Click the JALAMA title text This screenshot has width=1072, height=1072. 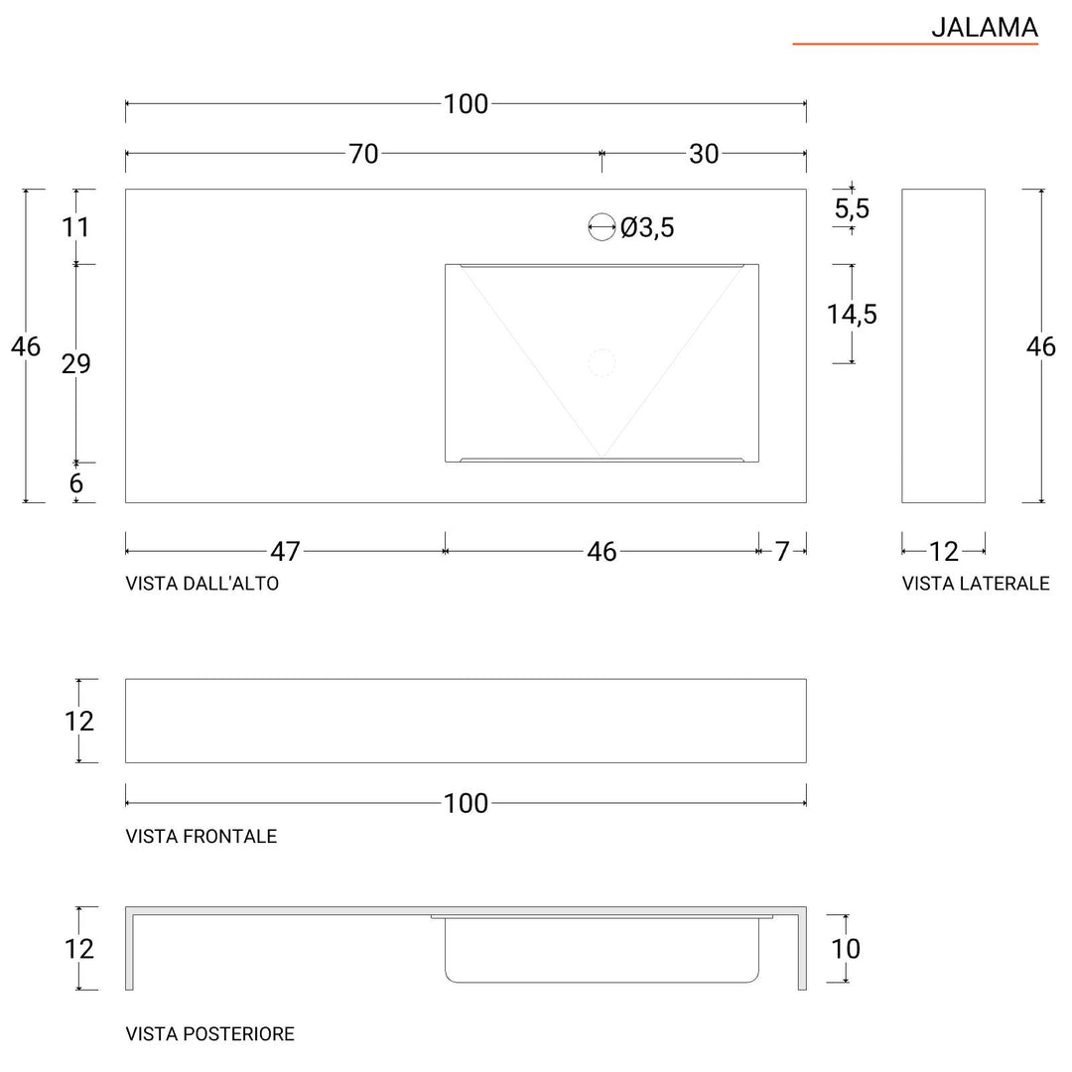coord(984,28)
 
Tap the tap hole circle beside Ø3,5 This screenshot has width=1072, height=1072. coord(602,227)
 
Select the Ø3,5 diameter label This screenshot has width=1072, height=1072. coord(647,228)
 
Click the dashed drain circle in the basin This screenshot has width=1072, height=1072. coord(602,363)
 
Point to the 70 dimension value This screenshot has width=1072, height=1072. coord(363,155)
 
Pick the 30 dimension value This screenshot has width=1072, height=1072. coord(703,155)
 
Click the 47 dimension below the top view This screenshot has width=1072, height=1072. coord(285,552)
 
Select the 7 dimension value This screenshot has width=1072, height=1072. coord(782,552)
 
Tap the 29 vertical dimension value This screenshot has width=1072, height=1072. coord(76,364)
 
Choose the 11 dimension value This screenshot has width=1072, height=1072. coord(76,227)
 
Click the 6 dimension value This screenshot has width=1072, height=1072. coord(76,484)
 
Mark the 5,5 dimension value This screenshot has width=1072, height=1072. coord(852,208)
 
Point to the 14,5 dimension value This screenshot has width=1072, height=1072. coord(852,315)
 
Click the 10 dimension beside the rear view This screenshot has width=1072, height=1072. coord(846,949)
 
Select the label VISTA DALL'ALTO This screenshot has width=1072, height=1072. coord(202,584)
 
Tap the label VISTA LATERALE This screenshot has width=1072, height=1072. coord(975,584)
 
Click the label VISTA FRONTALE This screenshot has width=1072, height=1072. coord(201,837)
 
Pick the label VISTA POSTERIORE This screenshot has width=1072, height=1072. coord(210,1034)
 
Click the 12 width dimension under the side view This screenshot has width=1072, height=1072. coord(944,552)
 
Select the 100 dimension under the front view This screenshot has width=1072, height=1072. coord(466,803)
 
